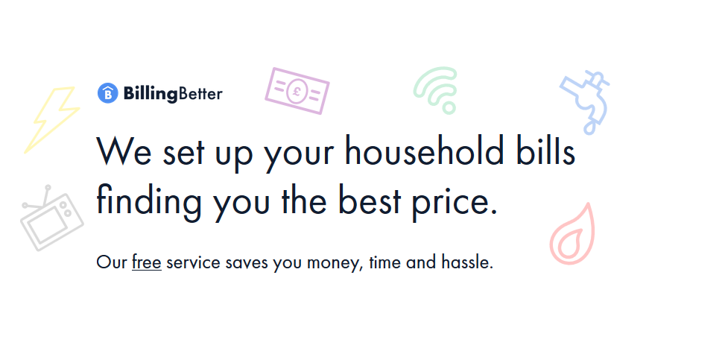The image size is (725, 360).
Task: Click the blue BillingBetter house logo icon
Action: pos(108,93)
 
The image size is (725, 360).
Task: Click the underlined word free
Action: pos(147,262)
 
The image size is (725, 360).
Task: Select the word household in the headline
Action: pos(424,151)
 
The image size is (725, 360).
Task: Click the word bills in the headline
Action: pos(545,151)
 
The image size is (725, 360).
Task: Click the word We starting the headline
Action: pos(124,151)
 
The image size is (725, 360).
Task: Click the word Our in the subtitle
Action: pos(112,262)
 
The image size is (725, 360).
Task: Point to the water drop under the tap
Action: pos(589,127)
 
